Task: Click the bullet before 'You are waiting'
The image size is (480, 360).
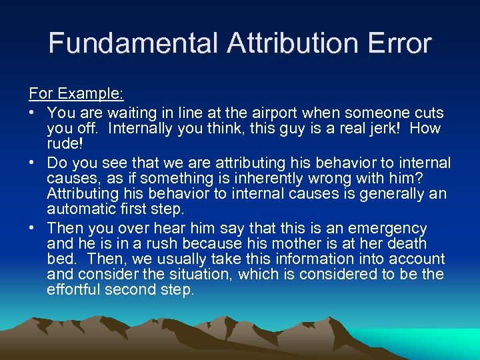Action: pos(32,113)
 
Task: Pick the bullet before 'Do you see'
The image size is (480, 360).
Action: pos(32,163)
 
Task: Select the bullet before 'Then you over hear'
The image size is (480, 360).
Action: pos(32,228)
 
